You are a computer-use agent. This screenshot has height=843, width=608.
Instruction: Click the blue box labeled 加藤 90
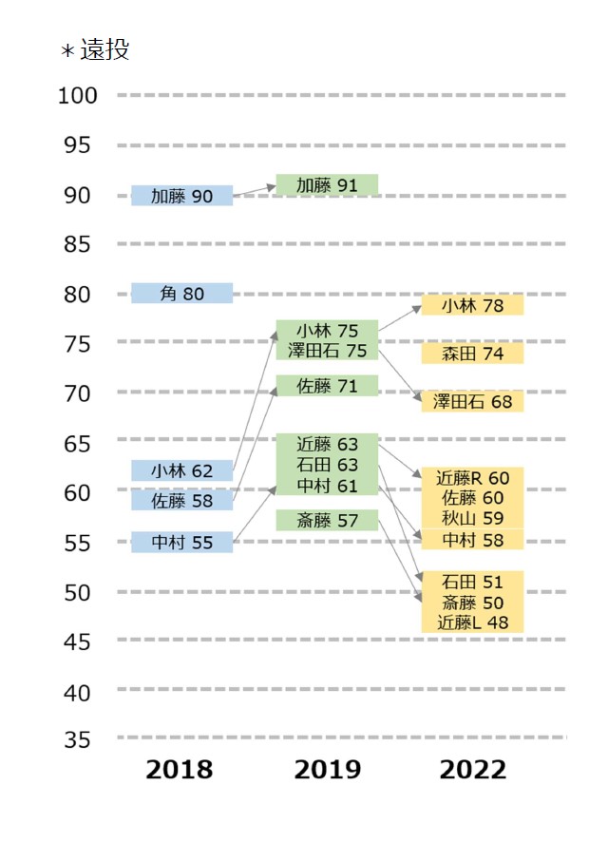[x=181, y=196]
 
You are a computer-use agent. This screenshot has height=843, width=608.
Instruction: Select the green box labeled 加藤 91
[x=327, y=185]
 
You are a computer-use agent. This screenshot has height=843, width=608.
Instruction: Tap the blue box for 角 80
[x=181, y=293]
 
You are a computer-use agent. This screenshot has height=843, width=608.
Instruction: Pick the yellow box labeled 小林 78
[x=472, y=305]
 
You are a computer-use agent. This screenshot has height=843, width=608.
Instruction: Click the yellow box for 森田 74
[x=472, y=354]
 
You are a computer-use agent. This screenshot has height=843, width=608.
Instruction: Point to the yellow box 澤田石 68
[x=472, y=401]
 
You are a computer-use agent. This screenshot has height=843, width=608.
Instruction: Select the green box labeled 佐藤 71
[x=327, y=386]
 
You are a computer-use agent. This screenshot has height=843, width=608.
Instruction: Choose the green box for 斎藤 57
[x=327, y=520]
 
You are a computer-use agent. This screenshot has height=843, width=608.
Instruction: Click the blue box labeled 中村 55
[x=181, y=542]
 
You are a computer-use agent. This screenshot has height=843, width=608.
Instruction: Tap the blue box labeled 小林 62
[x=181, y=470]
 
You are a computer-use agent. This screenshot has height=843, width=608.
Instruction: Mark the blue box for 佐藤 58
[x=181, y=500]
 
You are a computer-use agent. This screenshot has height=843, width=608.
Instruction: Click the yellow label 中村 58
[x=472, y=540]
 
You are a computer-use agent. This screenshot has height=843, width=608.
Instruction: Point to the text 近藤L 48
[x=472, y=623]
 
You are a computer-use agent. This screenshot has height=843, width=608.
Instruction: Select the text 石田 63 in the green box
[x=327, y=465]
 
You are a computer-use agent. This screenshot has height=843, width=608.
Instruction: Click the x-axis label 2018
[x=179, y=770]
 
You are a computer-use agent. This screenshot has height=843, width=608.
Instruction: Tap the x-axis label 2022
[x=472, y=770]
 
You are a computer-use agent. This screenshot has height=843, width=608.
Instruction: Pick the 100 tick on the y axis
[x=77, y=96]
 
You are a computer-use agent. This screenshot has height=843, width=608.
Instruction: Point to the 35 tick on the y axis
[x=77, y=739]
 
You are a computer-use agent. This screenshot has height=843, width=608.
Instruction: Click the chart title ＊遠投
[x=95, y=49]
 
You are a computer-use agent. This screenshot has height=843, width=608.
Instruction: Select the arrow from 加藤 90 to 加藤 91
[x=255, y=191]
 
